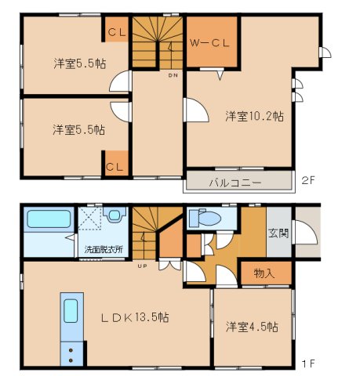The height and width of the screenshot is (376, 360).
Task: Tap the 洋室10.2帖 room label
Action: tap(254, 116)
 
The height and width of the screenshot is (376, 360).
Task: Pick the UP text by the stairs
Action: tap(142, 266)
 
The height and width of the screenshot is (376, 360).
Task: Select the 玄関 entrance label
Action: tap(278, 233)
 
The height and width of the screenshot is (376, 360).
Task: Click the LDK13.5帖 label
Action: tap(135, 317)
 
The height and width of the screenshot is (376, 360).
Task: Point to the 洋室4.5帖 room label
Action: tap(252, 327)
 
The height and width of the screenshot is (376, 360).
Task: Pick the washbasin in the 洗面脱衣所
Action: tap(115, 215)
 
